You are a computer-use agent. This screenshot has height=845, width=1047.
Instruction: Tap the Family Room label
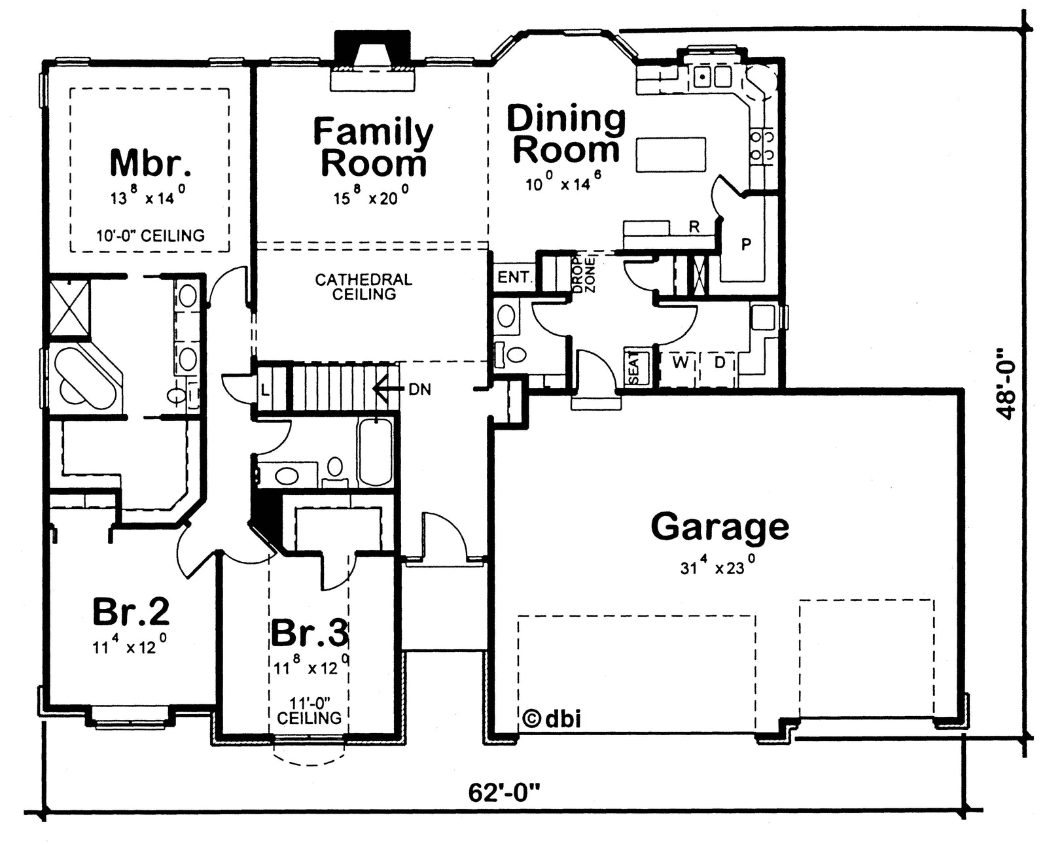(x=374, y=147)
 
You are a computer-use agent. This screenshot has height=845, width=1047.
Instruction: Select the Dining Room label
(x=566, y=133)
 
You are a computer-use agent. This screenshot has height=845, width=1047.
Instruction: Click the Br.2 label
(x=131, y=611)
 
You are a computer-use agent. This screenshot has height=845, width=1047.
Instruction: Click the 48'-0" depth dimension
(x=1006, y=390)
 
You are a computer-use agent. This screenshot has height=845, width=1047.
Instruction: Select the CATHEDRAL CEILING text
(x=364, y=286)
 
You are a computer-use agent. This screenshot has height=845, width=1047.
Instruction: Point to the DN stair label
(x=420, y=390)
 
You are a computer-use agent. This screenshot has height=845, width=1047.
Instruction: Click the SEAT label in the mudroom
(x=633, y=368)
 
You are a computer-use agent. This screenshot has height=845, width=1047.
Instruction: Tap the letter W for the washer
(x=681, y=362)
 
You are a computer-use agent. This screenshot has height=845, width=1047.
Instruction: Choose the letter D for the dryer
(x=720, y=362)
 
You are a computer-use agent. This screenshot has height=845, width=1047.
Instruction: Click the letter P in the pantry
(x=746, y=244)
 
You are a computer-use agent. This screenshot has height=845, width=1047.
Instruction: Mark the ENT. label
(x=514, y=277)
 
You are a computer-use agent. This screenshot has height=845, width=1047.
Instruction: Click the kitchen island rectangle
(x=671, y=154)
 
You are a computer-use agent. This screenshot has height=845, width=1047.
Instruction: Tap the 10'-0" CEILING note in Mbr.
(x=151, y=236)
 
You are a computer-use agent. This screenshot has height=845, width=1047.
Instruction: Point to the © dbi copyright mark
(x=551, y=719)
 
